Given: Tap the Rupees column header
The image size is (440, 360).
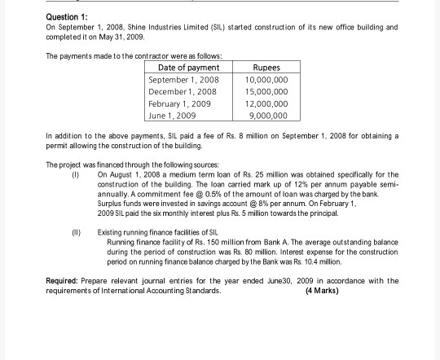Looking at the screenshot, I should click(x=266, y=67).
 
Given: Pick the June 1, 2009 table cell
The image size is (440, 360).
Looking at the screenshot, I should click(x=171, y=115).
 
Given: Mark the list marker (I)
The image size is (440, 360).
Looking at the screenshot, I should click(x=76, y=174).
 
